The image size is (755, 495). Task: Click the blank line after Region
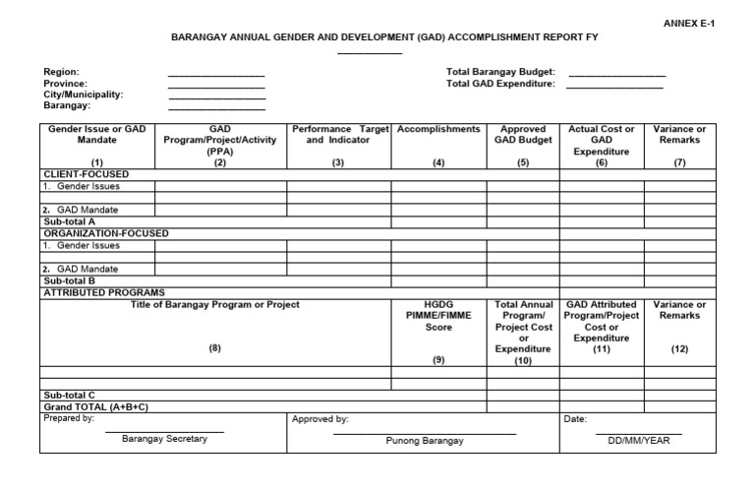coord(216,76)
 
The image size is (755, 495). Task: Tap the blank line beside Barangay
coord(216,108)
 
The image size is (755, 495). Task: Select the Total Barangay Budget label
coord(501,72)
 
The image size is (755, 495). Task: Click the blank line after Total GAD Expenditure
coord(614,88)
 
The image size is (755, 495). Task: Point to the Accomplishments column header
coord(438,129)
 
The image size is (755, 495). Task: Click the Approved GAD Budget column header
coord(523,135)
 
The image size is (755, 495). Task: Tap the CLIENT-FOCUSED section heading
coord(86,174)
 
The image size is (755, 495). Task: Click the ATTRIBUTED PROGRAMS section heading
coord(103,292)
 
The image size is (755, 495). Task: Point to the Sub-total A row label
coord(69,222)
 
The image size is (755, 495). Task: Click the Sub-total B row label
coord(69,280)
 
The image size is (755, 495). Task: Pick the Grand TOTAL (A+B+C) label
coord(94,406)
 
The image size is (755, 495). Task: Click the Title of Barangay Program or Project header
coord(214,305)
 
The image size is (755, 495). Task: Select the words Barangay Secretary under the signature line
coord(164,439)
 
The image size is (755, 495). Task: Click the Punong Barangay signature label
coord(424,440)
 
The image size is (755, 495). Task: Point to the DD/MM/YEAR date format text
coord(639,440)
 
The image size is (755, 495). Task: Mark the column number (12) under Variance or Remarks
coord(680,349)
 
